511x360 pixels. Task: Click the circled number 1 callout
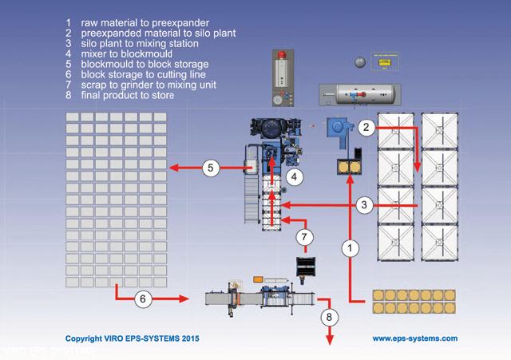coord(348,248)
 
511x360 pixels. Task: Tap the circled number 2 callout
coord(366,127)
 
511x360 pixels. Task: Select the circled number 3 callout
coord(364,205)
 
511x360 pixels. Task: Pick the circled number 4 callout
coord(295,176)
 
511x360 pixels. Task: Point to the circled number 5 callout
coord(211,168)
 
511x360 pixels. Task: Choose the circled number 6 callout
coord(141,299)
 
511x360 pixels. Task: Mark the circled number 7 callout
coord(303,236)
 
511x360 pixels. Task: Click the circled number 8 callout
coord(327,315)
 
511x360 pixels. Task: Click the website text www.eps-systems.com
coord(414,338)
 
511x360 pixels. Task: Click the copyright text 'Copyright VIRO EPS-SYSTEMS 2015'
coord(132,338)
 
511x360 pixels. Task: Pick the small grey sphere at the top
coord(359,61)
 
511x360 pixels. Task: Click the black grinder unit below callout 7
coord(304,265)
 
